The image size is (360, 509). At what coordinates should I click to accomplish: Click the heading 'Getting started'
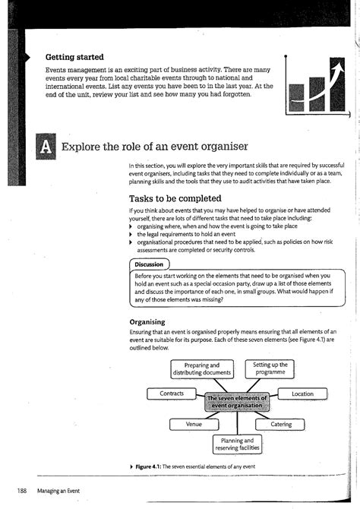tap(74, 57)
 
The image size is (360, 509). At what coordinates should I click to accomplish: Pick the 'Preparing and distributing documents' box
tap(202, 369)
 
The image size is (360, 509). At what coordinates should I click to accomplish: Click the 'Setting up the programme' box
tap(270, 369)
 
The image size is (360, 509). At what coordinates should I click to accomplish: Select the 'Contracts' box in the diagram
tap(172, 394)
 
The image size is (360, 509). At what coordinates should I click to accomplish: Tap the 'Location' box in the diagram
tap(302, 394)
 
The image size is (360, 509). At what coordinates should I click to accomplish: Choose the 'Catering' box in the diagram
tap(281, 423)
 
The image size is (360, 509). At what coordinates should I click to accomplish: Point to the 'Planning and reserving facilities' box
tap(237, 444)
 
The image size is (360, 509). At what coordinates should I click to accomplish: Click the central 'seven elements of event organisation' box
tap(237, 402)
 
